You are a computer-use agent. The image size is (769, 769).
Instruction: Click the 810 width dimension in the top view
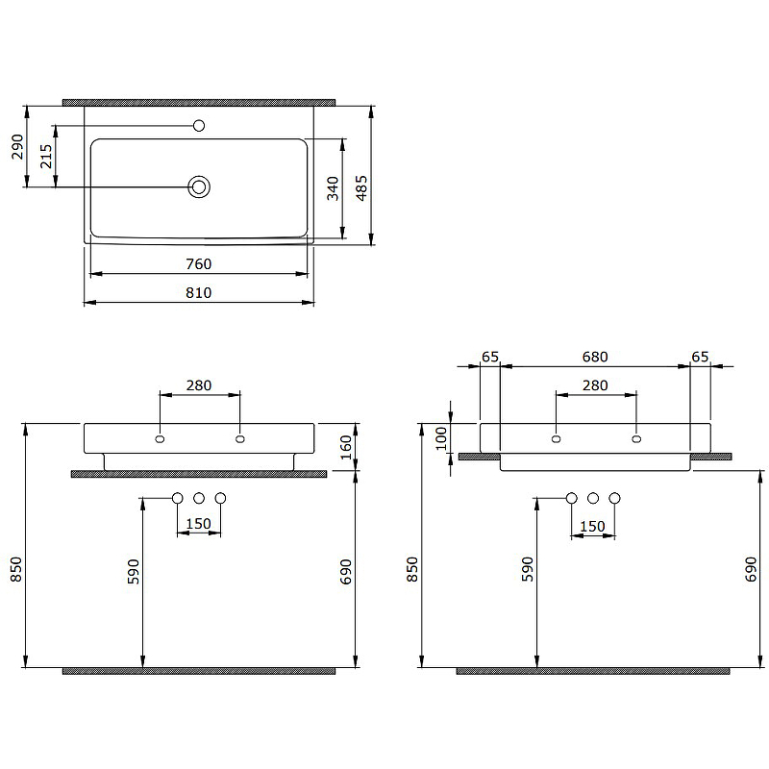(x=198, y=293)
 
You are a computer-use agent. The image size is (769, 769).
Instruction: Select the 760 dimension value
(x=198, y=264)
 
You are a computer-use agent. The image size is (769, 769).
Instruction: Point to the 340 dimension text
(x=333, y=188)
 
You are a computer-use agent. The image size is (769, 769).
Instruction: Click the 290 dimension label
(x=16, y=147)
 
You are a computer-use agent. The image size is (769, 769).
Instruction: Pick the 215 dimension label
(x=46, y=157)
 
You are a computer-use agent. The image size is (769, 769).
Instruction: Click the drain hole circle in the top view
(x=199, y=186)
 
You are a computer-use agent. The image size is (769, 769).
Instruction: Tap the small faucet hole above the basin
(x=200, y=125)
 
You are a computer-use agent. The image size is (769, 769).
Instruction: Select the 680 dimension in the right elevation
(x=595, y=357)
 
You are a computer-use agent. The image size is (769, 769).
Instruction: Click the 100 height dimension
(x=441, y=438)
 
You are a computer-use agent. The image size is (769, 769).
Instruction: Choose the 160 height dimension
(x=346, y=448)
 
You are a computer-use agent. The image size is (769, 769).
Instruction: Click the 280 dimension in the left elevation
(x=199, y=385)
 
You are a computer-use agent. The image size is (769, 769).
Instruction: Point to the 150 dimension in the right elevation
(x=593, y=526)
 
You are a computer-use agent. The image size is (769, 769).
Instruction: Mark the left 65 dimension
(x=490, y=357)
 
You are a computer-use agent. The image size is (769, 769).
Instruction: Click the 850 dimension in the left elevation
(x=16, y=572)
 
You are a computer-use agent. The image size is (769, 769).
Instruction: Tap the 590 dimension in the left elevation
(x=134, y=571)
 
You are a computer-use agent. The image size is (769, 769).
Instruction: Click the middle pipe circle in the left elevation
(x=199, y=498)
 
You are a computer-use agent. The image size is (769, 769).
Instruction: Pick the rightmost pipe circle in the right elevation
(x=615, y=498)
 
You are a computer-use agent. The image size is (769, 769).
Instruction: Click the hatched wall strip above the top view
(x=199, y=101)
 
